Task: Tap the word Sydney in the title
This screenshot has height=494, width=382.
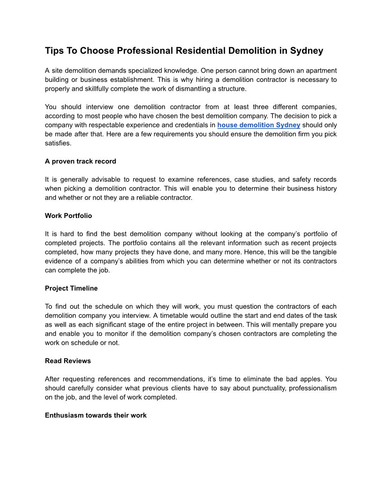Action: pos(307,51)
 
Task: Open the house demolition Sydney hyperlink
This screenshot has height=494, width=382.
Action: pos(259,125)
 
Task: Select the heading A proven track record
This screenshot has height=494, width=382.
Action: pos(81,161)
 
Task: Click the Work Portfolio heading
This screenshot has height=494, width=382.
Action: pos(68,216)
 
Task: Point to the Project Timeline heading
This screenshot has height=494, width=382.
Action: pos(71,288)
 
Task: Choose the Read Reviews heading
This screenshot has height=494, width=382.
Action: pos(68,361)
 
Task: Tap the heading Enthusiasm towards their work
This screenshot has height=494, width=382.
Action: pos(95,415)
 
